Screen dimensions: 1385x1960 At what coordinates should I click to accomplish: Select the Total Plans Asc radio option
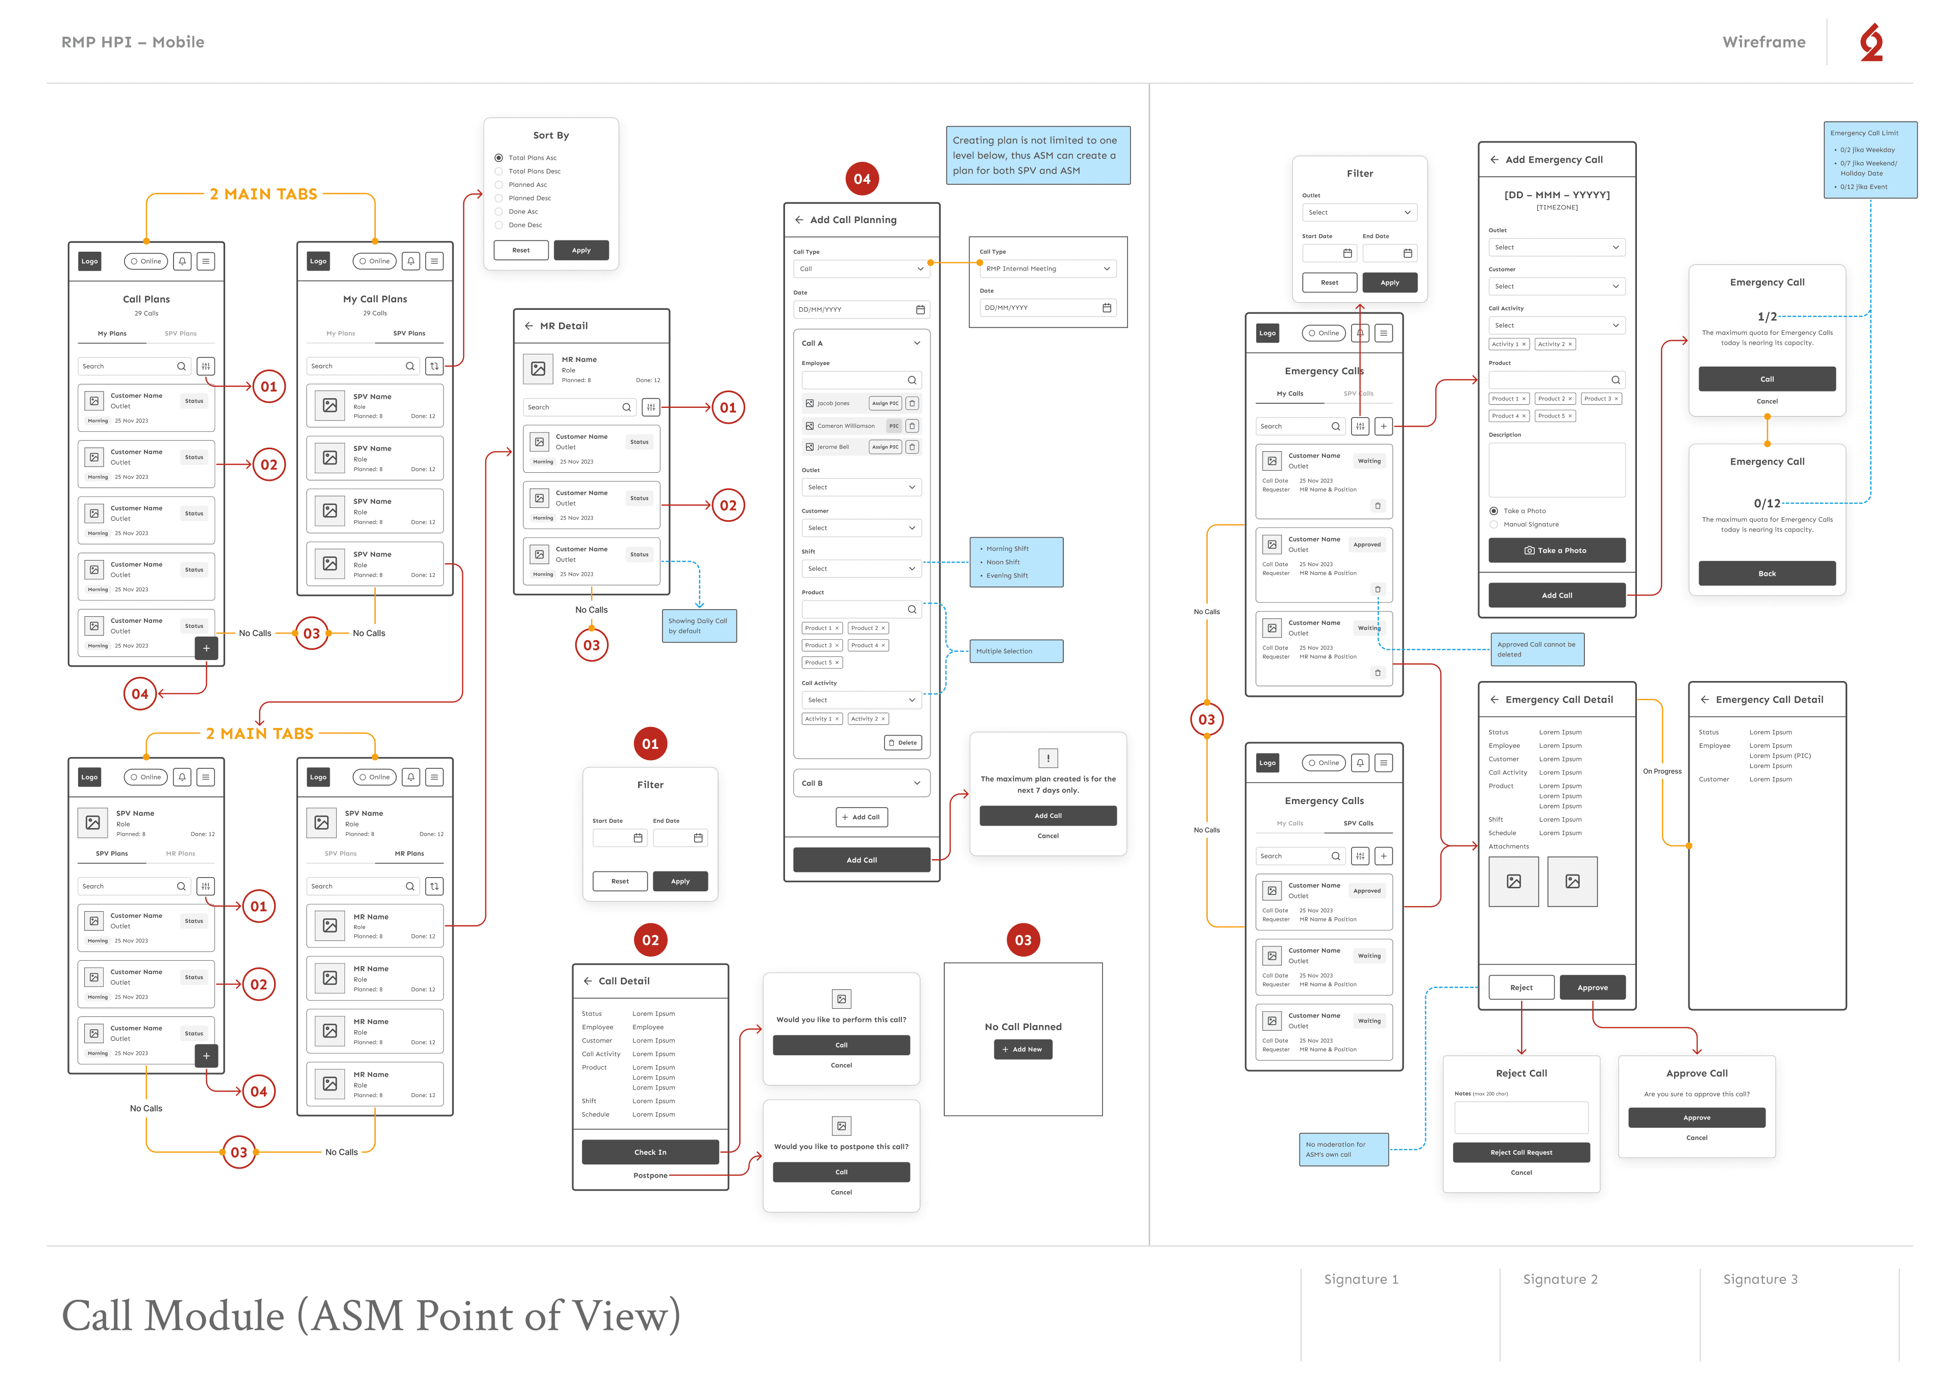click(499, 158)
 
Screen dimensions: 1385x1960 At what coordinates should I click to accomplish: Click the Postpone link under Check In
click(650, 1176)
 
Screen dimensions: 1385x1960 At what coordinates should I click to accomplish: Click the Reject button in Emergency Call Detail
click(1521, 988)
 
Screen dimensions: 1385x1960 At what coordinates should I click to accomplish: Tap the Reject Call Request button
click(1521, 1153)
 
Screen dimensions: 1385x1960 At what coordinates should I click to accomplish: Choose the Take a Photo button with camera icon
click(1556, 551)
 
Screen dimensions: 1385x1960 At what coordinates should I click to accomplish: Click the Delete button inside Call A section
click(902, 743)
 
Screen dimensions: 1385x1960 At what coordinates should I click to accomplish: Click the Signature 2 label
click(1560, 1279)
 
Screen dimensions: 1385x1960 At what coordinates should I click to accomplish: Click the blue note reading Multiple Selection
click(1016, 651)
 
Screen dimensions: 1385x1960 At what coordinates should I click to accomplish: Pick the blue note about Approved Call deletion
click(1536, 650)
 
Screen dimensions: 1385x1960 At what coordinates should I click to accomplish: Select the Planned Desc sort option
click(499, 198)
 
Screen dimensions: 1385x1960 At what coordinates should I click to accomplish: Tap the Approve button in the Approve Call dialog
click(1696, 1117)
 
